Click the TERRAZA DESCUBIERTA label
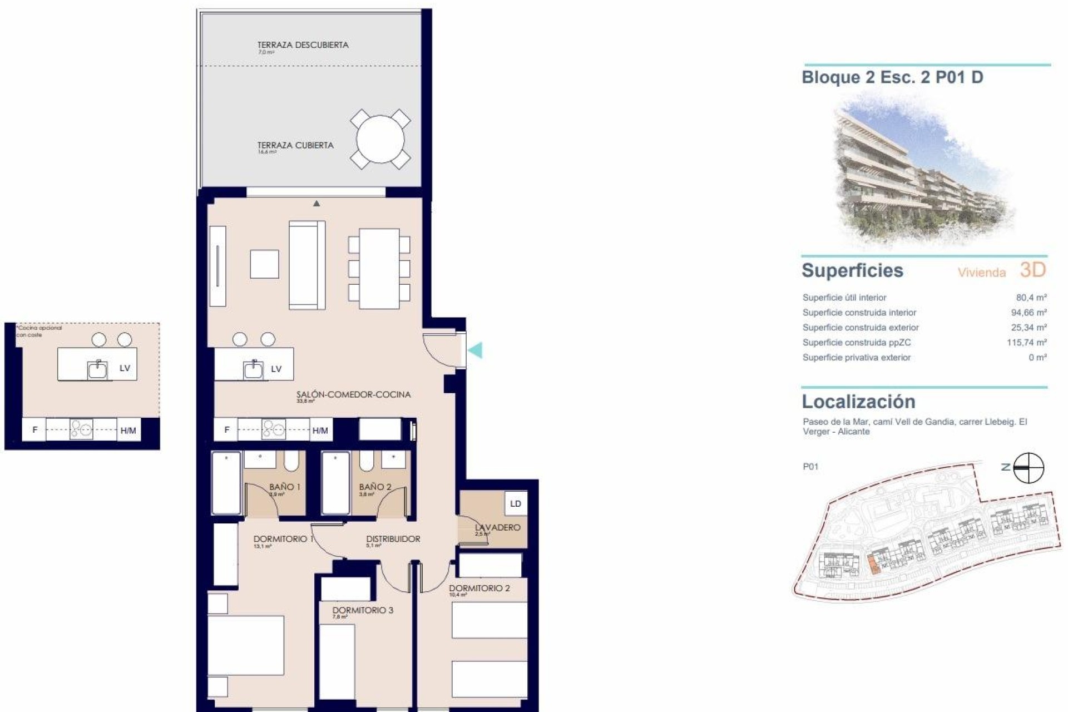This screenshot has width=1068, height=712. point(303,45)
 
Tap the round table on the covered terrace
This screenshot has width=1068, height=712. point(380,139)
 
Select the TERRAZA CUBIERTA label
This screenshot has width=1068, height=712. point(295,145)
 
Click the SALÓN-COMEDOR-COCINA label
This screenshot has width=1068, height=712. point(353,394)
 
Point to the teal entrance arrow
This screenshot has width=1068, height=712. point(476,350)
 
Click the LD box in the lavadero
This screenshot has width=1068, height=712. point(516,503)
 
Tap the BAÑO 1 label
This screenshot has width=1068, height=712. point(284,487)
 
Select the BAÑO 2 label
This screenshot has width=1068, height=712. point(375,487)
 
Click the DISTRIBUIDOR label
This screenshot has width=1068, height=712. point(393,538)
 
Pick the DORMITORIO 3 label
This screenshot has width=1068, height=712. point(363,610)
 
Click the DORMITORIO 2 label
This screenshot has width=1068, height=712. point(479,588)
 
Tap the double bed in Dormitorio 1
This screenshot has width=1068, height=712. point(245,645)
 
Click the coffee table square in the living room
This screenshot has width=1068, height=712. point(264,264)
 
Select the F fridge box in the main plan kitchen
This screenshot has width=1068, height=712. point(226,429)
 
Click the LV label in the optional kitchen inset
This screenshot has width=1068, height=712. point(125,368)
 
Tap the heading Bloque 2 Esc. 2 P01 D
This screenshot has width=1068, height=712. point(892,77)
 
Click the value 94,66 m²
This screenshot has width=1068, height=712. point(1029,313)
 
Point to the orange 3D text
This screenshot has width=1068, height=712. point(1032,270)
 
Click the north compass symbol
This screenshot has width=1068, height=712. point(1028,468)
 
